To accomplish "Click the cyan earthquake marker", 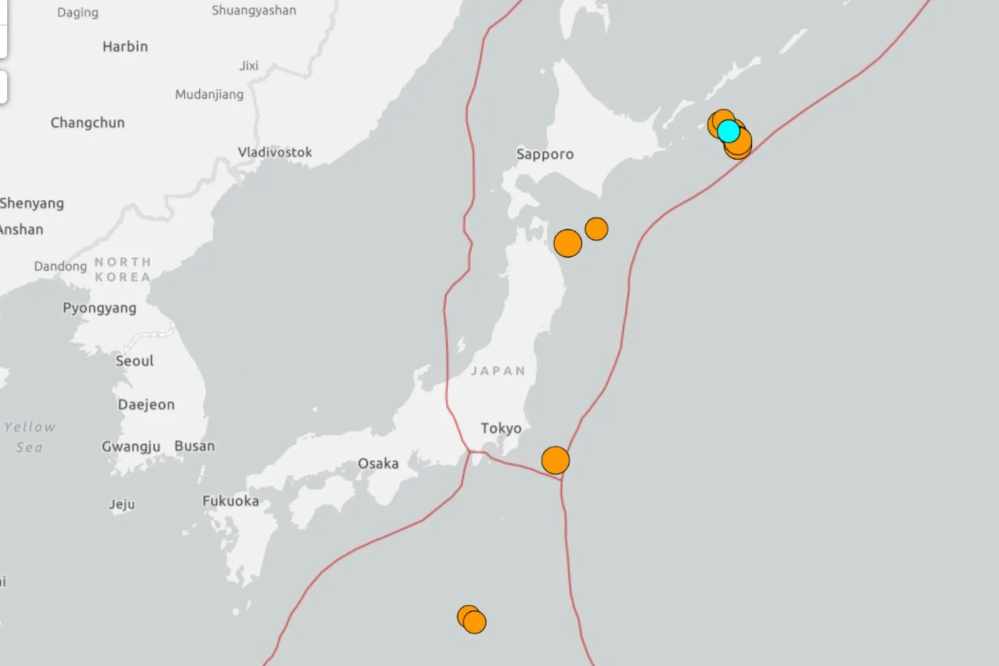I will click(x=728, y=131).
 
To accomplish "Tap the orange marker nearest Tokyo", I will click(x=555, y=460).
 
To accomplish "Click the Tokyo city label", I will click(x=501, y=428).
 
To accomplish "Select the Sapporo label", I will click(x=544, y=154).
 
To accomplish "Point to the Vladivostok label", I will click(x=275, y=152).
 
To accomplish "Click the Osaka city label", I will click(x=378, y=464).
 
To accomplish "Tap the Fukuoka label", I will click(x=230, y=501).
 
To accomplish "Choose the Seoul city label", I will click(x=134, y=361).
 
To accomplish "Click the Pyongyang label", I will click(x=99, y=308).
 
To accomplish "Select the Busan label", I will click(x=194, y=446).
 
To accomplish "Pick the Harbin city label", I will click(x=125, y=47).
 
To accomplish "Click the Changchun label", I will click(x=87, y=123).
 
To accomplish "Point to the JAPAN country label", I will click(x=498, y=371).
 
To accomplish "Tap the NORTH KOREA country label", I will click(x=122, y=269).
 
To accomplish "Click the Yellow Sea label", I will click(x=29, y=437).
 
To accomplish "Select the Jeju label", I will click(x=121, y=504).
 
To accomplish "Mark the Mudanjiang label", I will click(x=209, y=95).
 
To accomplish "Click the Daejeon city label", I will click(x=146, y=405).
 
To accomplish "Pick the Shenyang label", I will click(x=32, y=204).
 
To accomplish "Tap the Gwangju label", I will click(x=131, y=447).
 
